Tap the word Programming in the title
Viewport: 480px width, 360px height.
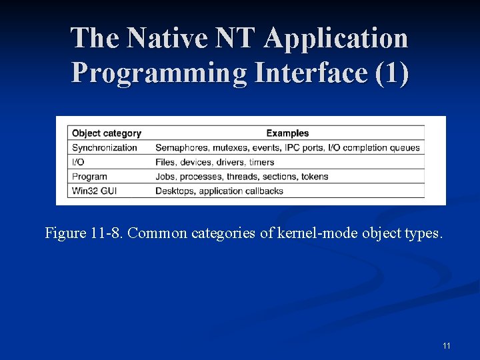pos(159,73)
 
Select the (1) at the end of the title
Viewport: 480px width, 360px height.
pos(392,73)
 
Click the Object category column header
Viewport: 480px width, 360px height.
pos(107,133)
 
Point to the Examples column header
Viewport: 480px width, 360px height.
pos(287,133)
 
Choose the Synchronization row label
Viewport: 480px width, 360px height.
pos(105,148)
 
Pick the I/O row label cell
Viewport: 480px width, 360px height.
pos(78,162)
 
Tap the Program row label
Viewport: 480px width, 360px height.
pos(89,177)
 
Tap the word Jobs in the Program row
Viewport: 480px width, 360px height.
pos(165,177)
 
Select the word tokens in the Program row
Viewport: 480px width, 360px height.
pos(314,177)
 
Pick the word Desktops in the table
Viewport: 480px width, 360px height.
pos(175,191)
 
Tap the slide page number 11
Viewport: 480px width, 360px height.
pos(446,345)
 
